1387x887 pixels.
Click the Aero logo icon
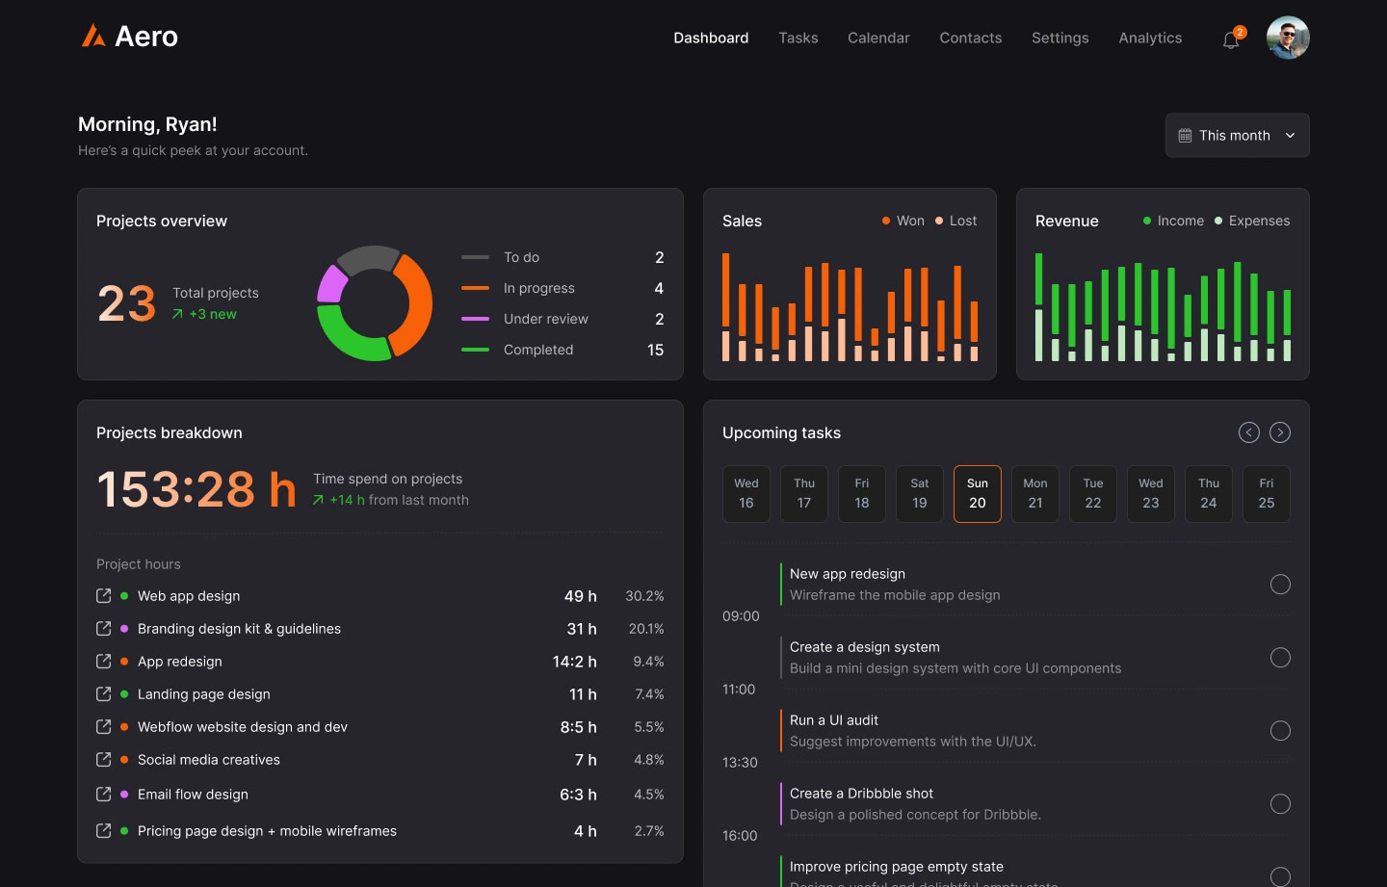tap(93, 37)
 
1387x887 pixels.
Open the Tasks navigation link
tap(798, 38)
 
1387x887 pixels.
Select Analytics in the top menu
tap(1149, 38)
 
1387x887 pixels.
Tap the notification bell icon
tap(1230, 40)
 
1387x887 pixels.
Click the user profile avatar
tap(1287, 38)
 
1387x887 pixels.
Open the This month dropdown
tap(1237, 136)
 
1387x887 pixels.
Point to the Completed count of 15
tap(655, 350)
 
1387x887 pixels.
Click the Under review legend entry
tap(545, 319)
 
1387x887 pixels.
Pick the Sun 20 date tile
tap(977, 493)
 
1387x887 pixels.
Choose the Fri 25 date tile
tap(1266, 493)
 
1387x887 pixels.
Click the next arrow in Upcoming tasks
tap(1279, 432)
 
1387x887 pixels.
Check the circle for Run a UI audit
tap(1279, 731)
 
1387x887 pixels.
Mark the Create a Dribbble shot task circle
tap(1279, 804)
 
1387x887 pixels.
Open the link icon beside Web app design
tap(104, 596)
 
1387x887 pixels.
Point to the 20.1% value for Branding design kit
tap(645, 629)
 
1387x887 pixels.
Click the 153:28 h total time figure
tap(196, 489)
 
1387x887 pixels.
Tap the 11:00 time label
tap(739, 690)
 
